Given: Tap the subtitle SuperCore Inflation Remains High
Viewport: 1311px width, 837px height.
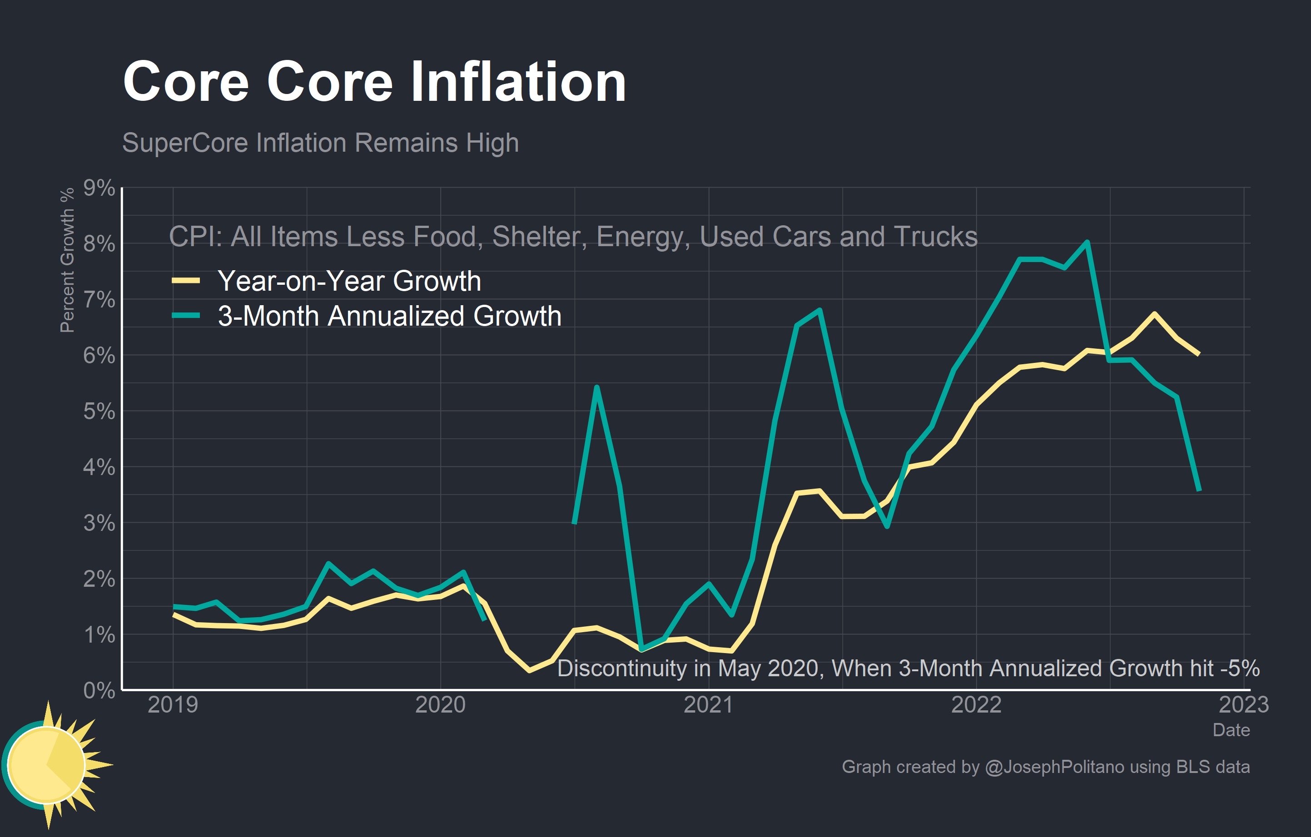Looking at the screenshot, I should [320, 143].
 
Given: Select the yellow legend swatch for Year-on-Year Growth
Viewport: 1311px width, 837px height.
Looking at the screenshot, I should [186, 281].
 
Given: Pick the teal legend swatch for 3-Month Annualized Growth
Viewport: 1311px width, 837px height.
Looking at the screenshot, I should [186, 316].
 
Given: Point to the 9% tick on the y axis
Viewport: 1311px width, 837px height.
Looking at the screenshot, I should [99, 188].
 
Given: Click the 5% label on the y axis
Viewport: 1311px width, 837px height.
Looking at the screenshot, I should [99, 411].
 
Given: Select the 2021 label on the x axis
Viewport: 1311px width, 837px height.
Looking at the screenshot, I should [708, 705].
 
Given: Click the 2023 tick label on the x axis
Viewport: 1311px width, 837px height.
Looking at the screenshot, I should [1243, 705].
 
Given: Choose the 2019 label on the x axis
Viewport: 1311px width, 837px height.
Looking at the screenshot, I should [173, 705].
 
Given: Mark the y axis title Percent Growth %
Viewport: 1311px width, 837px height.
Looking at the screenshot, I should [67, 260].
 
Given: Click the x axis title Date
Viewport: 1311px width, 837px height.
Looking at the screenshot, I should [1231, 730].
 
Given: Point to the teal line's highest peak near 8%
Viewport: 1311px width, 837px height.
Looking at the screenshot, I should [1087, 242].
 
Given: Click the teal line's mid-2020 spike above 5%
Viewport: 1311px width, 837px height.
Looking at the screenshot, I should [597, 387].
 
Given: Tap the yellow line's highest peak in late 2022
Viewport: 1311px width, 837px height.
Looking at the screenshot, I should [1154, 314].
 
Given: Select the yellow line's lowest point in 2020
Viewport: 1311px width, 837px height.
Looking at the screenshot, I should [529, 670].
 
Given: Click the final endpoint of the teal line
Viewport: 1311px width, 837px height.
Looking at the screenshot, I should [1199, 490].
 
